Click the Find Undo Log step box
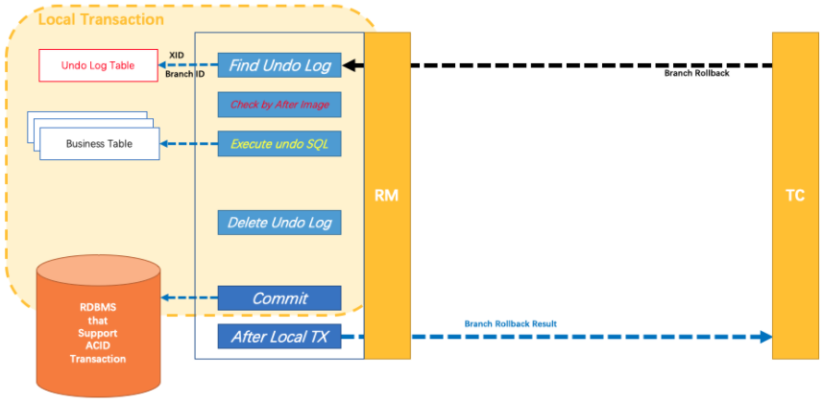279,65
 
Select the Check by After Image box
279,105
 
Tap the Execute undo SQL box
279,144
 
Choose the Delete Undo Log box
279,223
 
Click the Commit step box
279,298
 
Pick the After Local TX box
279,337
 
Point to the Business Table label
99,144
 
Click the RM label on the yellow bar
387,196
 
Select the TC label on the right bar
795,196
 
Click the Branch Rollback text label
696,74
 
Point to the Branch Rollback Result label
510,324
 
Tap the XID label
177,56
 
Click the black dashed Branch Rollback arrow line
576,65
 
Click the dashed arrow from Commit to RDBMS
189,298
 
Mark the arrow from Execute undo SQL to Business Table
189,144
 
